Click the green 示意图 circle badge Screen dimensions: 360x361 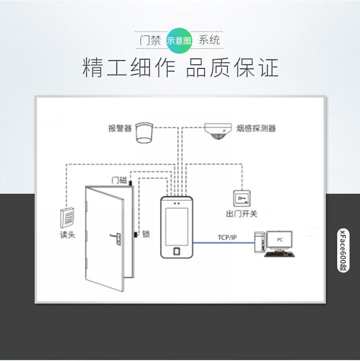tap(180, 40)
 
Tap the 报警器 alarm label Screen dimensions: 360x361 tap(120, 129)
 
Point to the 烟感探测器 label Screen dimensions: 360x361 tap(257, 128)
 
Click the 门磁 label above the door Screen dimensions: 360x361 tap(119, 180)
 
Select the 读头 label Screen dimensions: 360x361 tap(67, 235)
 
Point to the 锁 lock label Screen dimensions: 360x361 tap(146, 234)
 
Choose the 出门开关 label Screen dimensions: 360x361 tap(242, 214)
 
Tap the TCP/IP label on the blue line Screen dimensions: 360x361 tap(227, 237)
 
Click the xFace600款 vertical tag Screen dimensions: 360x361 tap(343, 250)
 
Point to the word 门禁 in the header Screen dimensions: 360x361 tap(151, 40)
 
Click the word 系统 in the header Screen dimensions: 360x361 tap(209, 40)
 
